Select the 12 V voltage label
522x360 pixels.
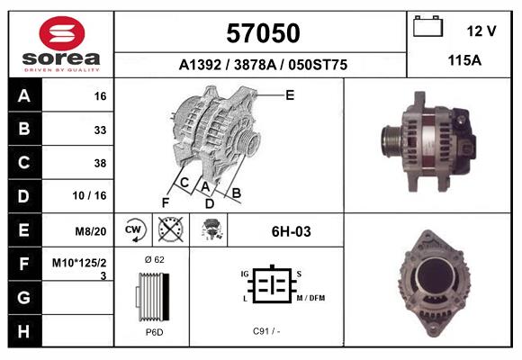pyautogui.click(x=481, y=31)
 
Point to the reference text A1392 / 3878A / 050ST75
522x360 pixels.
pyautogui.click(x=263, y=65)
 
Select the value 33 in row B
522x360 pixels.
pyautogui.click(x=100, y=130)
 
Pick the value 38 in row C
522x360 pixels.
pyautogui.click(x=100, y=164)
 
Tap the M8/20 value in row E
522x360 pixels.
pyautogui.click(x=93, y=230)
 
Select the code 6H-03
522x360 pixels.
pyautogui.click(x=292, y=231)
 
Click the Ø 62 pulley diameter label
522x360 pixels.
pyautogui.click(x=153, y=259)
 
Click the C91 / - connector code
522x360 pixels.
pyautogui.click(x=266, y=331)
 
